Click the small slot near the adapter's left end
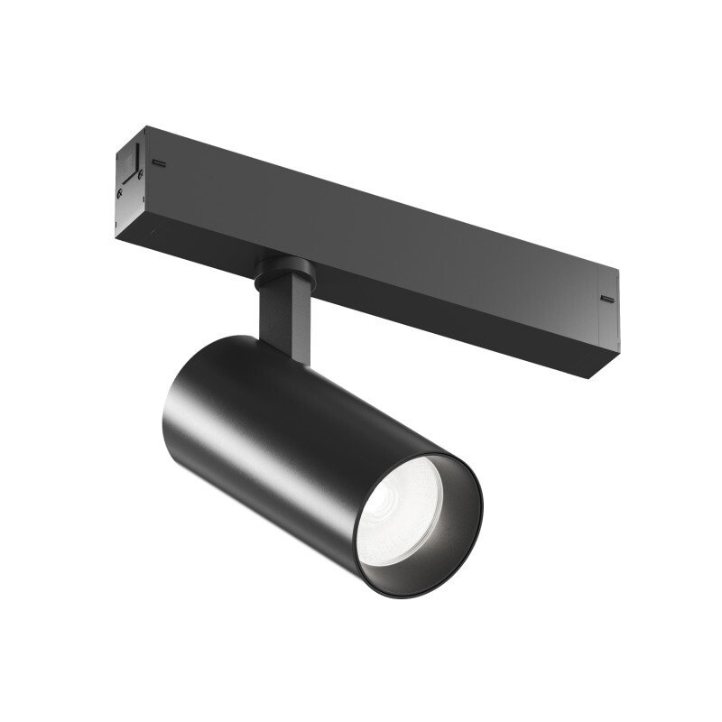pos(158,163)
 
